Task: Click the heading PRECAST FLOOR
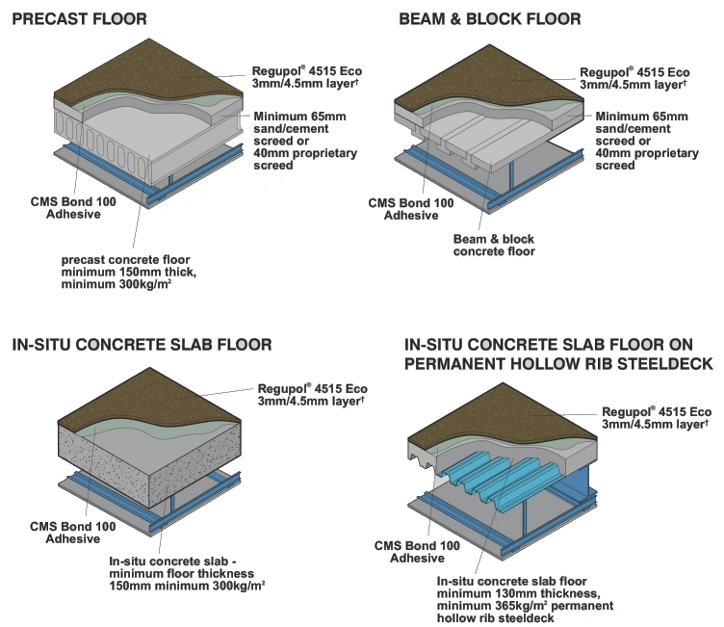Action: (79, 19)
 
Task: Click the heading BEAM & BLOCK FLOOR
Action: (490, 19)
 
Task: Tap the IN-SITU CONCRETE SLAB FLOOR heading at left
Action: (142, 345)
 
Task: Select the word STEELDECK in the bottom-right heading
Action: (665, 364)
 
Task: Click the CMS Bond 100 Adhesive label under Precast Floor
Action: (73, 208)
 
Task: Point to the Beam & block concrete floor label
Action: (494, 246)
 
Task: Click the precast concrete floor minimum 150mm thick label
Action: (129, 273)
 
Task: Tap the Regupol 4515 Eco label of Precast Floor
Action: (306, 77)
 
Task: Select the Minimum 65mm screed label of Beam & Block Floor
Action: (647, 141)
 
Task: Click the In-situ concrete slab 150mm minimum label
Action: (187, 573)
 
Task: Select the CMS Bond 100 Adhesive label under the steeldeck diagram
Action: (417, 552)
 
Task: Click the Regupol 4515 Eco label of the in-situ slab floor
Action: (313, 395)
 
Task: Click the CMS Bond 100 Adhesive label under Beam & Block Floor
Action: (411, 209)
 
